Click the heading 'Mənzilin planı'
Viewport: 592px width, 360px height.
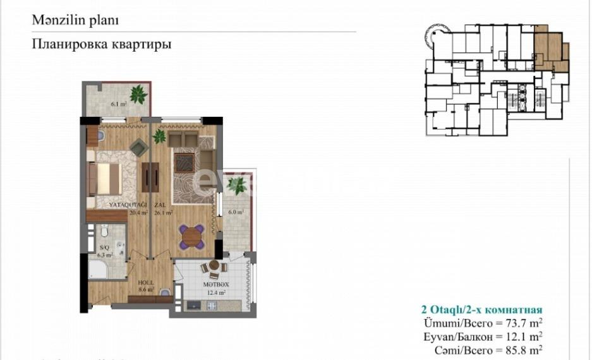pyautogui.click(x=75, y=20)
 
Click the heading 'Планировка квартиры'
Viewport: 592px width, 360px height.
pyautogui.click(x=101, y=45)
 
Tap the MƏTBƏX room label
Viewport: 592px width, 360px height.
pyautogui.click(x=215, y=284)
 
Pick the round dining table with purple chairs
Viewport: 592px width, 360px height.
pyautogui.click(x=190, y=237)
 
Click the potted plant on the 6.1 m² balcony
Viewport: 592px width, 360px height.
pyautogui.click(x=138, y=95)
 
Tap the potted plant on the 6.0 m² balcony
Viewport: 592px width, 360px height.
pyautogui.click(x=238, y=186)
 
